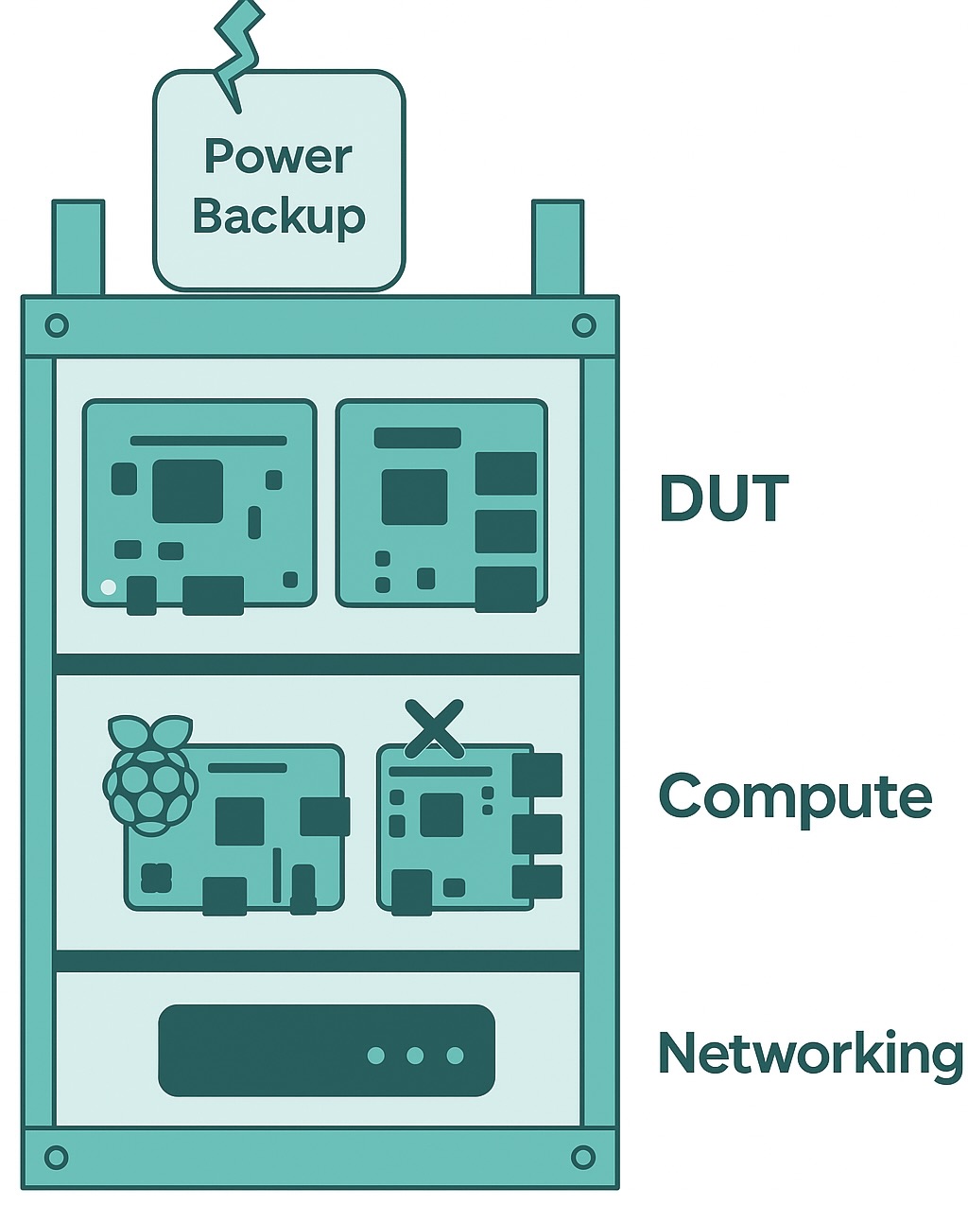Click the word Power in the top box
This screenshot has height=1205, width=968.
(x=278, y=156)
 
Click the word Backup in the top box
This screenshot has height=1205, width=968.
(x=279, y=217)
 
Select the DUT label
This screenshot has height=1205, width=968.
(x=723, y=498)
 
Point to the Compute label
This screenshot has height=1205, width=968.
(x=794, y=796)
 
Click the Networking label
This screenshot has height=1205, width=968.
(x=810, y=1053)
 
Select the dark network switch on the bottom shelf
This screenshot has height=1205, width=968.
(x=326, y=1050)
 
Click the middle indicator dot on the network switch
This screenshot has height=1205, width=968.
(x=415, y=1055)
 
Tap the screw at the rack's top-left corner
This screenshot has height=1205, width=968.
(x=57, y=326)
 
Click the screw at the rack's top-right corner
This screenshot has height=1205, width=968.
(x=583, y=326)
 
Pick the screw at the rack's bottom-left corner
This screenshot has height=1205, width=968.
(x=57, y=1157)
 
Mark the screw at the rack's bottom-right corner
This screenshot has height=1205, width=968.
(x=583, y=1157)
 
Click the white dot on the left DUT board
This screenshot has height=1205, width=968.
(x=109, y=587)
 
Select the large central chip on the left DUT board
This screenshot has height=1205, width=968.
(x=187, y=491)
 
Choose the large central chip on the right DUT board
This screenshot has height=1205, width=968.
(x=414, y=497)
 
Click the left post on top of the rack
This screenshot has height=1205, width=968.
(x=78, y=248)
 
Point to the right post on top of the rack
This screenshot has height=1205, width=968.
(x=558, y=248)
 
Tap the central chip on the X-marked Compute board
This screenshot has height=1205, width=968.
(x=441, y=814)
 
